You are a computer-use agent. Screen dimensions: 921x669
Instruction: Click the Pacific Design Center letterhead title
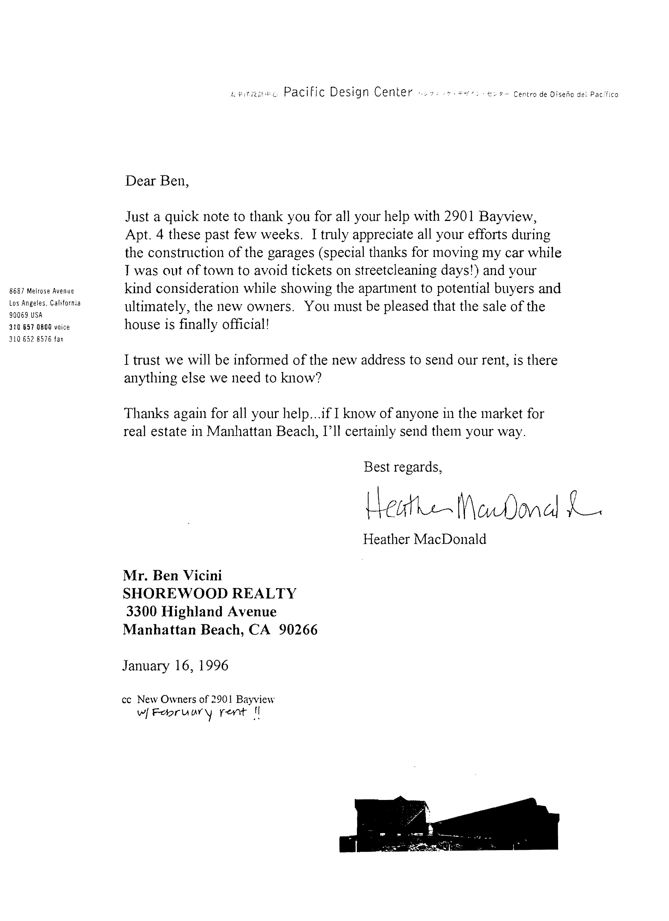pyautogui.click(x=348, y=93)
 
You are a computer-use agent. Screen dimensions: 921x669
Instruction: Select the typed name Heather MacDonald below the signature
pyautogui.click(x=424, y=539)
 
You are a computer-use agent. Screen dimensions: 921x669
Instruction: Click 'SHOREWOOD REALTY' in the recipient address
pyautogui.click(x=209, y=594)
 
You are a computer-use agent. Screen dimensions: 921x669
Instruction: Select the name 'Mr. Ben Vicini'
pyautogui.click(x=172, y=575)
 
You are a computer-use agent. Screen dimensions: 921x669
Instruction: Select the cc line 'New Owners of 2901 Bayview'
pyautogui.click(x=206, y=699)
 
